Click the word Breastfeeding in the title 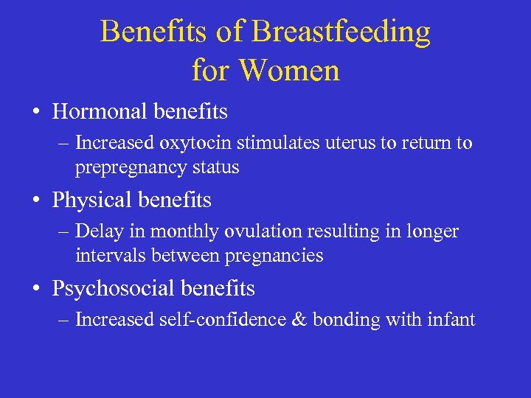(341, 32)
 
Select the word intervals (103, 256)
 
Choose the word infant (452, 320)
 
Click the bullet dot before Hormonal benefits (35, 113)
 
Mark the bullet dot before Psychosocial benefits (35, 290)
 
